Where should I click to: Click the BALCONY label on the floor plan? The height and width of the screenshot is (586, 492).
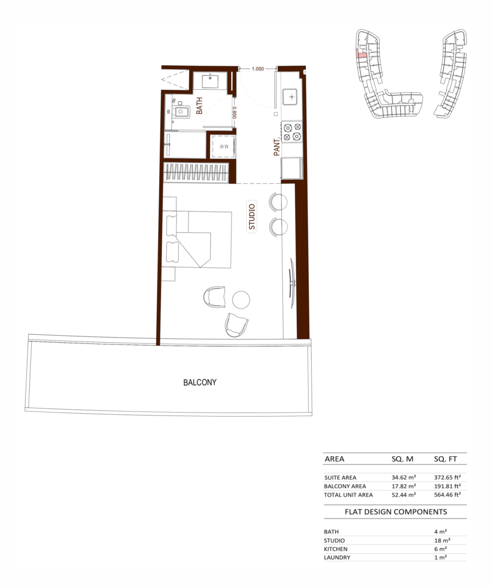[x=200, y=382]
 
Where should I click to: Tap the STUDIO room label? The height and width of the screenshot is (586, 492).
[x=252, y=217]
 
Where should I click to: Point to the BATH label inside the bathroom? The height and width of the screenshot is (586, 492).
[x=199, y=106]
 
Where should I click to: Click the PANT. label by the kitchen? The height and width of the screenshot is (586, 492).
[x=277, y=147]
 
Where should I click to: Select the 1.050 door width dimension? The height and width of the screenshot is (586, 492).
[x=257, y=69]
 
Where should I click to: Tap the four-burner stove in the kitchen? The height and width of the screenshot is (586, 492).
[x=292, y=132]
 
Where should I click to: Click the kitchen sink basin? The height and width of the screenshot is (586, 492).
[x=292, y=97]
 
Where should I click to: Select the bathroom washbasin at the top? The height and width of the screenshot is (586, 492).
[x=210, y=80]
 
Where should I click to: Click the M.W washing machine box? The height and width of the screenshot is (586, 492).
[x=223, y=146]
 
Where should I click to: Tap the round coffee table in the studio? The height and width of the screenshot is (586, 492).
[x=241, y=300]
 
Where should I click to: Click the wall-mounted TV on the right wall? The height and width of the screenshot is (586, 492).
[x=292, y=283]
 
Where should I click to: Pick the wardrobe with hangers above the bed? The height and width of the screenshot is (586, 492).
[x=196, y=173]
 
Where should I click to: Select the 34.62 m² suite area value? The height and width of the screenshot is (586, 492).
[x=403, y=477]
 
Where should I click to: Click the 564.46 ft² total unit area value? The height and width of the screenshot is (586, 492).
[x=447, y=494]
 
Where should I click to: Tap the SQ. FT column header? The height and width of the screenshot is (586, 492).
[x=445, y=459]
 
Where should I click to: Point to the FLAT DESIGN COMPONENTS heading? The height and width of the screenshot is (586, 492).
[x=396, y=512]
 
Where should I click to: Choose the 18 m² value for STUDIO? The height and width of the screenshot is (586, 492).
[x=442, y=540]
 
